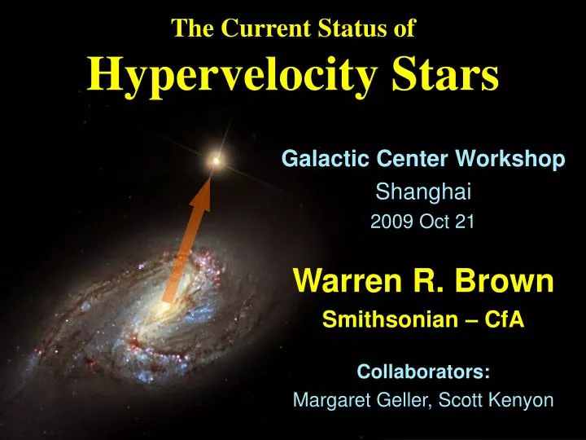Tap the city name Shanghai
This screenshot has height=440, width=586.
point(422,192)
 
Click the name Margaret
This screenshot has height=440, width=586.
point(330,400)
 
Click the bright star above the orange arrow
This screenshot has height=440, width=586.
point(216,161)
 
